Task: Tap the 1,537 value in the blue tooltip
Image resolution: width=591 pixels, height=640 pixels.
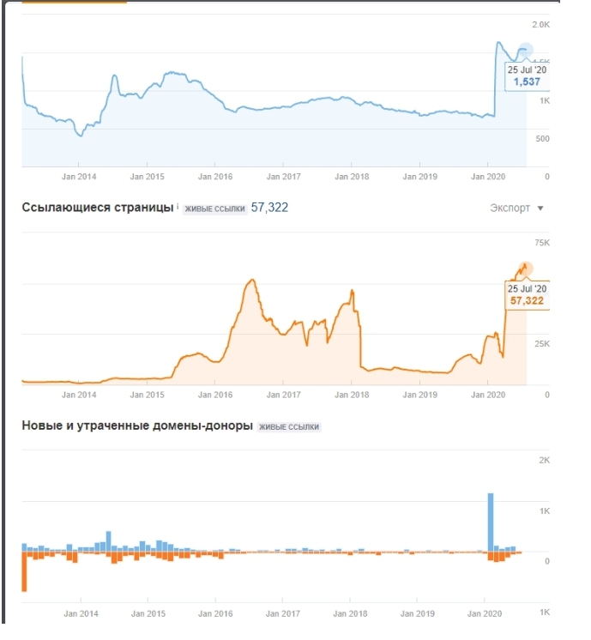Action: click(x=527, y=82)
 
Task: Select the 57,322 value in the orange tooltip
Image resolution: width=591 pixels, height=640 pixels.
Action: click(x=527, y=301)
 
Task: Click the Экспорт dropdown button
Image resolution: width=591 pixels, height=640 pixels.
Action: click(x=516, y=208)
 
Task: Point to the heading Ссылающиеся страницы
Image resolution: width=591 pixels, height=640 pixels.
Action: click(x=97, y=208)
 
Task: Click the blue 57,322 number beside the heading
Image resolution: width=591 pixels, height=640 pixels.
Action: click(x=269, y=208)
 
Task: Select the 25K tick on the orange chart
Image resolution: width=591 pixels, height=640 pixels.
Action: click(x=540, y=345)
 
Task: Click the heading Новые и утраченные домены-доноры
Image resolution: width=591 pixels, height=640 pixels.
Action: click(x=137, y=426)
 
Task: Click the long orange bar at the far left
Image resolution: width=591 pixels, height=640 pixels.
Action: click(x=24, y=571)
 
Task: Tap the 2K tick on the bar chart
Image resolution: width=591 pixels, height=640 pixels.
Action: click(x=543, y=461)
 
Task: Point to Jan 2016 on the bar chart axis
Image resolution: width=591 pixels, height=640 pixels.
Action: click(x=216, y=614)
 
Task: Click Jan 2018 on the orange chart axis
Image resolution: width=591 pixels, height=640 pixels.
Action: click(x=352, y=395)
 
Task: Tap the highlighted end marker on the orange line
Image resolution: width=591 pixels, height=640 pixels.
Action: click(x=525, y=269)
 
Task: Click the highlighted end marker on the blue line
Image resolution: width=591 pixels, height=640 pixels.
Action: click(x=526, y=51)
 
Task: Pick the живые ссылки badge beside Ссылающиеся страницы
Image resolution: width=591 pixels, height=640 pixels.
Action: click(x=214, y=209)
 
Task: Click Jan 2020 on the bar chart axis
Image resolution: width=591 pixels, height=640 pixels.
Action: click(x=485, y=614)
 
